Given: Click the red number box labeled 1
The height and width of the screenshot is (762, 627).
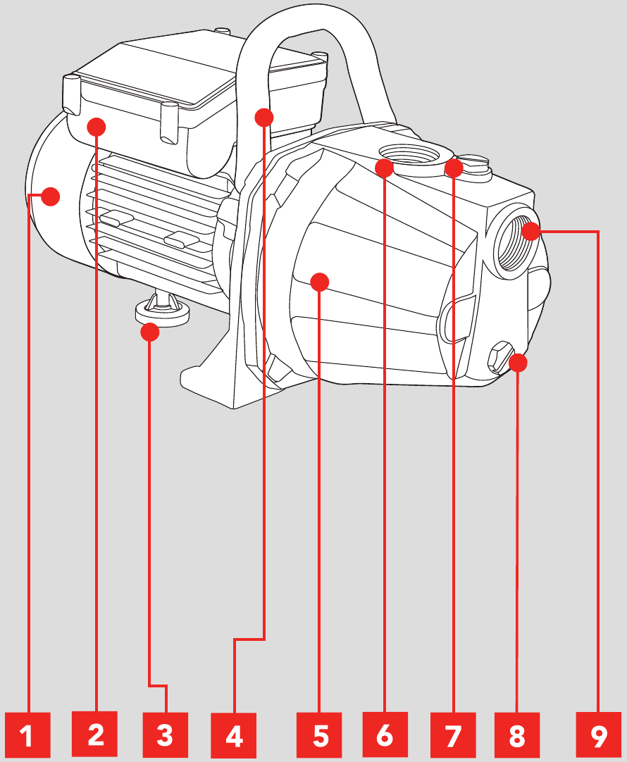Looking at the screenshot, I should pos(27,736).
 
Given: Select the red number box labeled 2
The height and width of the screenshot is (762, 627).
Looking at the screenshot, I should pos(96,736).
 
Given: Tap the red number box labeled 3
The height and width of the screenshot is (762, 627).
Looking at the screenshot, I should pos(165,736).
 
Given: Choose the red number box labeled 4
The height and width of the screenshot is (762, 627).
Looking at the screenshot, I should pos(234,736).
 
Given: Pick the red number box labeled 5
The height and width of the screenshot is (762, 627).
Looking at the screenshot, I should pos(320,736).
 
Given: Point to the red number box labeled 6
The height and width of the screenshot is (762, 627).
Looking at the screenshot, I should pos(385,736).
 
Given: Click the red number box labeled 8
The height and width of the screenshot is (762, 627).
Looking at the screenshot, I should pos(517,736).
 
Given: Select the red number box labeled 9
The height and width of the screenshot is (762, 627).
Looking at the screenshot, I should pos(598,736).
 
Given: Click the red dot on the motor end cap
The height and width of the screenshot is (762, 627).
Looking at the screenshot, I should pos(49,196).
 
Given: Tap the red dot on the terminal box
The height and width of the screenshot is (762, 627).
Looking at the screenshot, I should pos(96,127).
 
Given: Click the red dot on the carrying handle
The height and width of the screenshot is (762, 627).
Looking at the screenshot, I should pos(263,117).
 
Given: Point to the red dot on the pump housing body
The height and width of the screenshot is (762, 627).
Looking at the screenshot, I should pos(320,282).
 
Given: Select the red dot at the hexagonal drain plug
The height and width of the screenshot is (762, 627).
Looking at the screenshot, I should pos(518,363).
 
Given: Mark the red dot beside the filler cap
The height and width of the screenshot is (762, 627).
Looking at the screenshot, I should pos(454,168).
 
